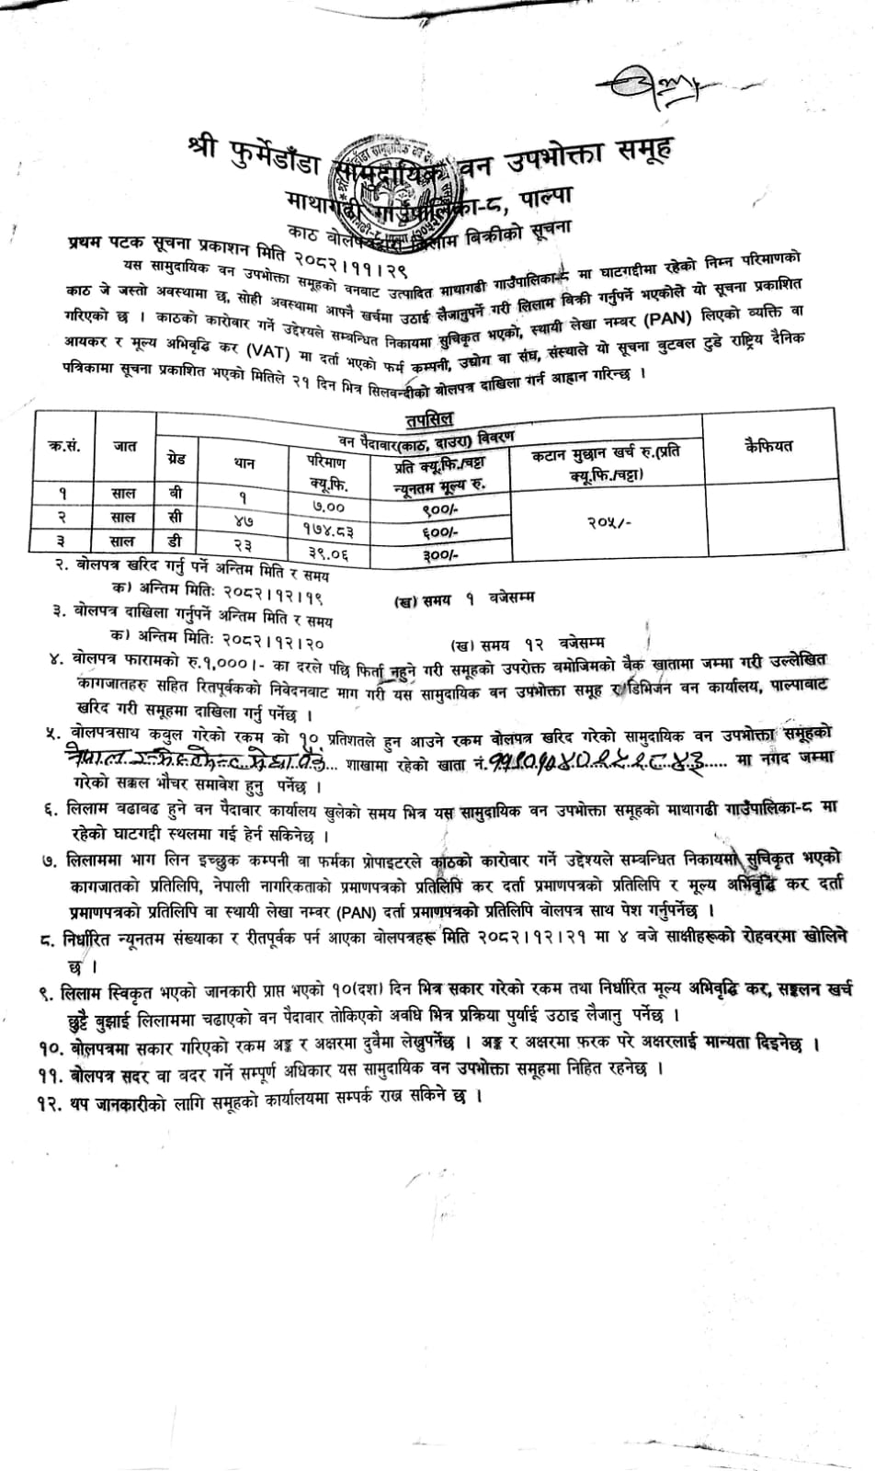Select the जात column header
pyautogui.click(x=125, y=446)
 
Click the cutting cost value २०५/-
pyautogui.click(x=606, y=520)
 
